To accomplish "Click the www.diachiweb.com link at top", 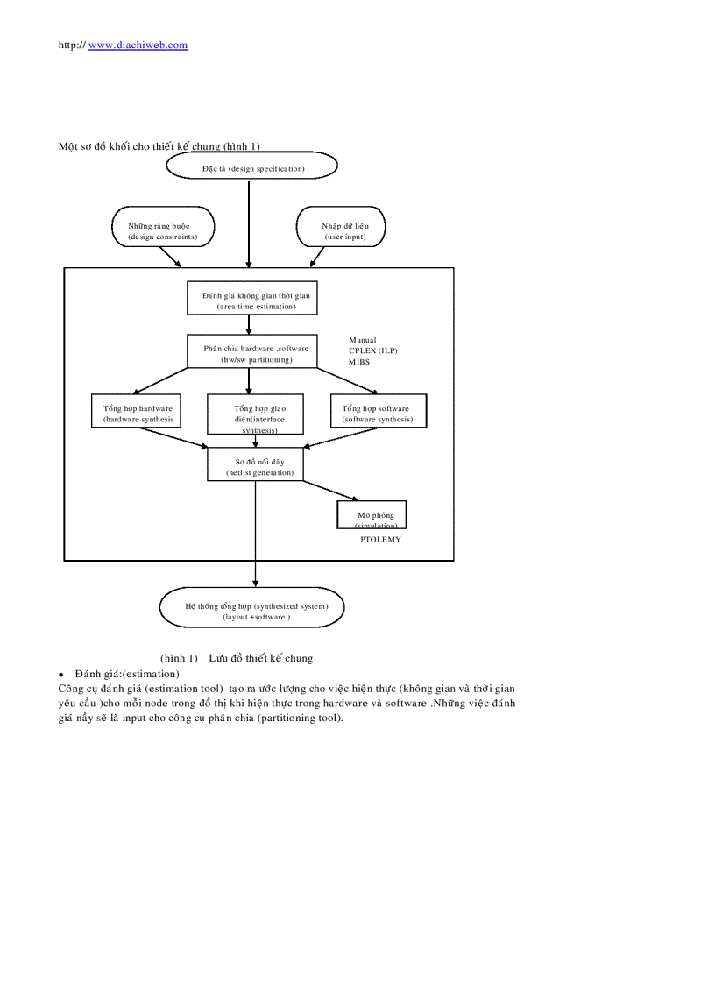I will tap(138, 45).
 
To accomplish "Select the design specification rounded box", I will tap(251, 166).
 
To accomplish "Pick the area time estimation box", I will tap(251, 298).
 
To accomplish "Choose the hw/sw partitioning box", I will tap(251, 351).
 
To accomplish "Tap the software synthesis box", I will tap(378, 411).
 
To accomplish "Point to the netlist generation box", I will tap(255, 464).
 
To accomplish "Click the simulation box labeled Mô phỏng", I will tap(372, 514).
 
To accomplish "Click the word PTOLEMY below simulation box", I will tap(380, 540).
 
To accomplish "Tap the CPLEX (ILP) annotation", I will tap(372, 350).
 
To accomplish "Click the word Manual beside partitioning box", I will tap(362, 340).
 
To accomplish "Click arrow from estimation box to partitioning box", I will tap(250, 325).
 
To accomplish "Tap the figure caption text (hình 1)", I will tap(237, 658).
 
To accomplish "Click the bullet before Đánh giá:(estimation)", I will tap(61, 675).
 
